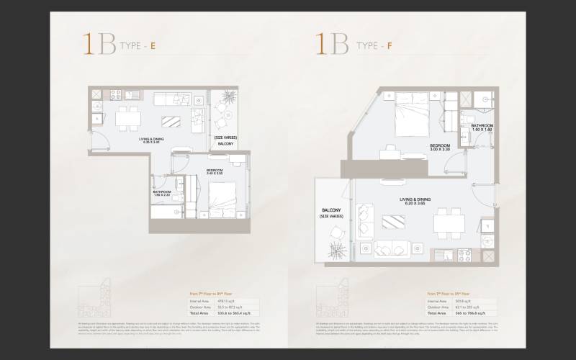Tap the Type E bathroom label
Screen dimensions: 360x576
coord(161,193)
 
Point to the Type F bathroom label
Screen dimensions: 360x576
coord(482,127)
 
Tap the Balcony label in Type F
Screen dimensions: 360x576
coord(330,213)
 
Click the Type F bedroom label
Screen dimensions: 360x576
coord(440,147)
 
